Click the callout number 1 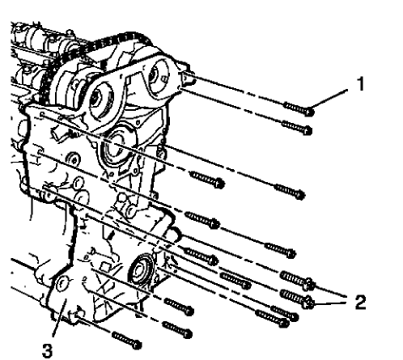[362, 83]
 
